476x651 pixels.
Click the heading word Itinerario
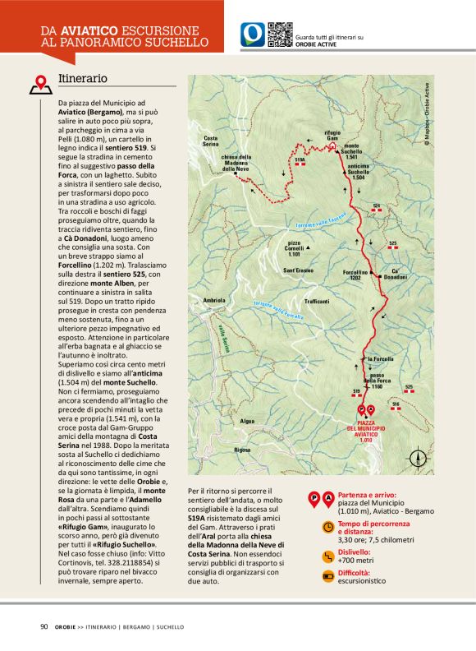tap(83, 78)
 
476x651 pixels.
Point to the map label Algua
tap(248, 420)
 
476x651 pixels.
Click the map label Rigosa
tap(242, 450)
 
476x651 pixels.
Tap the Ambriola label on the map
tap(214, 300)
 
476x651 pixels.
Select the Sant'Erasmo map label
tap(299, 270)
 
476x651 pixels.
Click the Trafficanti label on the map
tap(316, 302)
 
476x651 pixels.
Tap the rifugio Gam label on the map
tap(332, 135)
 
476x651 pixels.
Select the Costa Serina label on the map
tap(211, 141)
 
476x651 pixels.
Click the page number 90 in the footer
tap(43, 626)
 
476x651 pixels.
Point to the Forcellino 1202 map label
tap(355, 275)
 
